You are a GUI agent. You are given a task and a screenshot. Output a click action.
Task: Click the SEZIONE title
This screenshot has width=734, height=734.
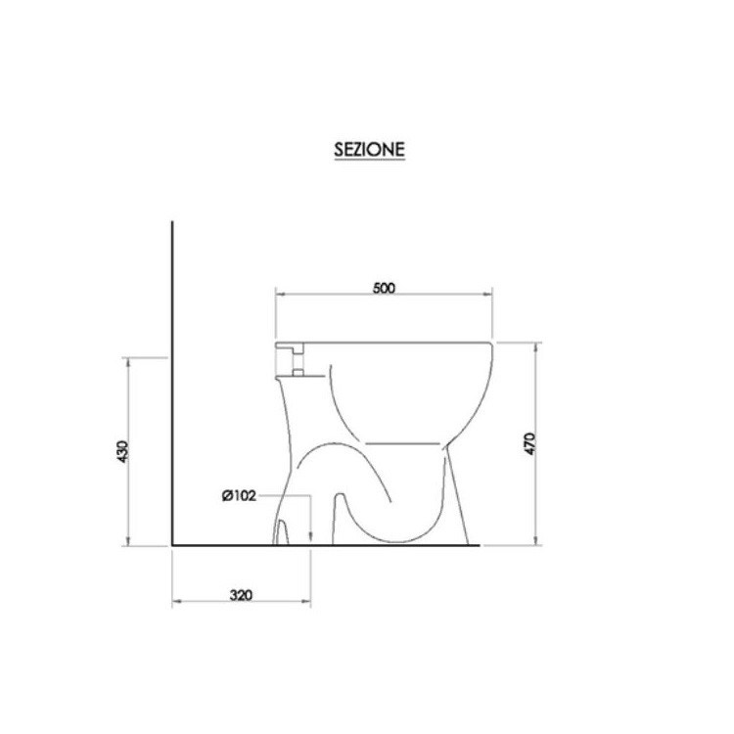[x=367, y=151]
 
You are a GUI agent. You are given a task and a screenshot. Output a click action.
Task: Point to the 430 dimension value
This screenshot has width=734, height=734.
[x=121, y=451]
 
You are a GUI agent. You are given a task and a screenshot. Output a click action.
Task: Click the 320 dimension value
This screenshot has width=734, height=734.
[x=241, y=594]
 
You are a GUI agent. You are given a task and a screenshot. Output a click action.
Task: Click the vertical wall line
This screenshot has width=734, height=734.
[x=172, y=382]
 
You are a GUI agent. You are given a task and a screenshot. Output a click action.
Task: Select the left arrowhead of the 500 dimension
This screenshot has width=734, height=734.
[x=279, y=294]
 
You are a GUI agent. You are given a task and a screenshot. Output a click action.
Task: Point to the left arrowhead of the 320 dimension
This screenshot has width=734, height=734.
[x=176, y=600]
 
